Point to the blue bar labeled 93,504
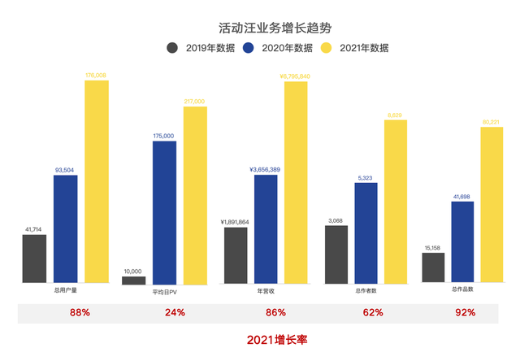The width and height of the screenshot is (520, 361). [66, 228]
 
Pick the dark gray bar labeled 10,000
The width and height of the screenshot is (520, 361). [134, 280]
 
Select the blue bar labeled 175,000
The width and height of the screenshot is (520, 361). [164, 212]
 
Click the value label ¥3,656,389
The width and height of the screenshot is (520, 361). [266, 169]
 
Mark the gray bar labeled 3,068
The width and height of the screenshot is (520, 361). [336, 254]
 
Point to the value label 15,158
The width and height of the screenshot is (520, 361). [433, 247]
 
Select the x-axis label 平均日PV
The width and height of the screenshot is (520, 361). [164, 290]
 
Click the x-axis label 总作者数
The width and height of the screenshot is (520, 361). [366, 290]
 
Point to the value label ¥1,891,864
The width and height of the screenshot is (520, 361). [236, 221]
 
